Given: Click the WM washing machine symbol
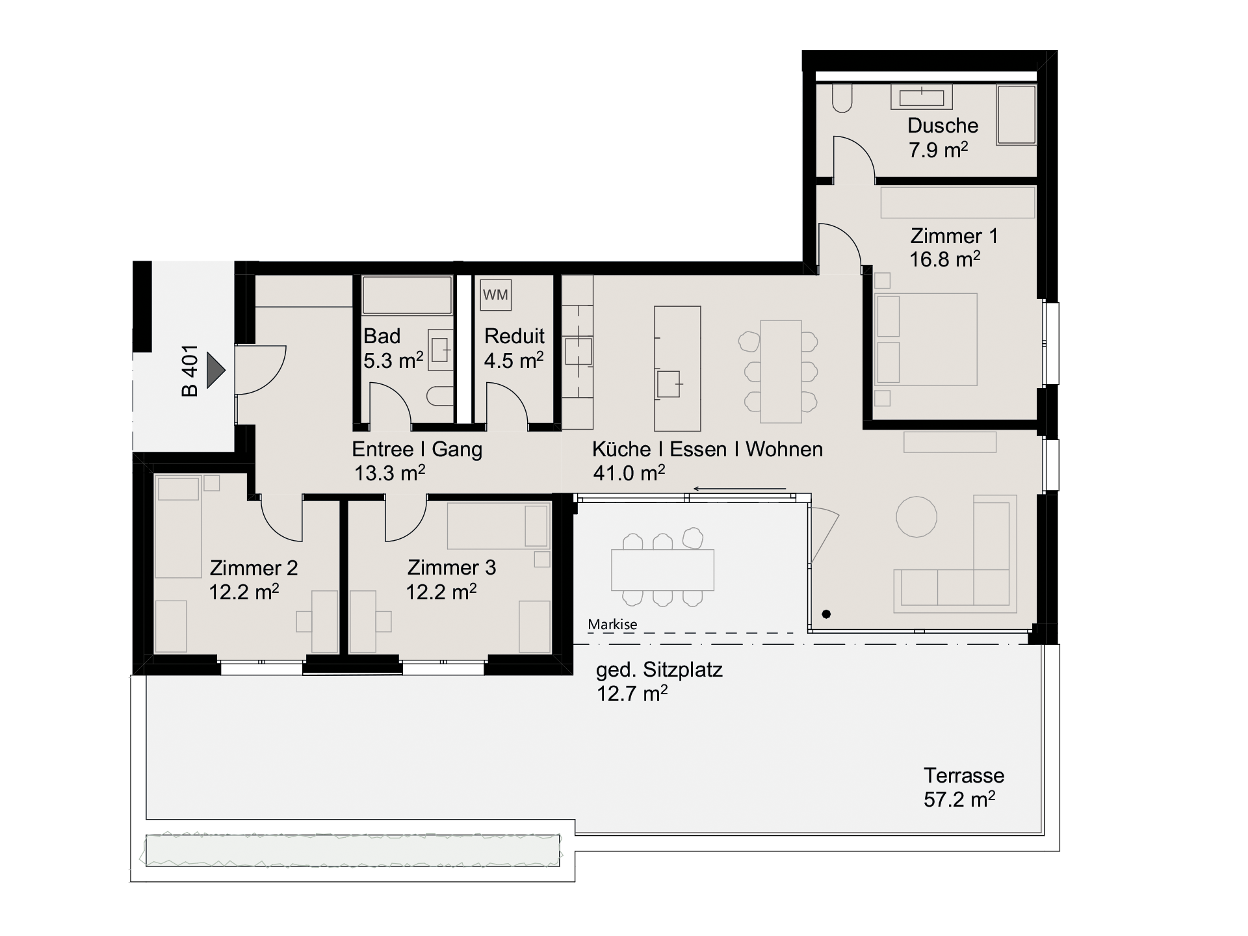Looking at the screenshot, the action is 495,295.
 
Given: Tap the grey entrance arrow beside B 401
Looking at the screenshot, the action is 216,370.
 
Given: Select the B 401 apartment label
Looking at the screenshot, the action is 189,370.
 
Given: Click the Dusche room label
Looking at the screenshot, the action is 942,125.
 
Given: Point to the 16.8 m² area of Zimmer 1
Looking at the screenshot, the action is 944,259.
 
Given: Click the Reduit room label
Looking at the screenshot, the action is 514,336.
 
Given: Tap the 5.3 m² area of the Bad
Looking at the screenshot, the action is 393,360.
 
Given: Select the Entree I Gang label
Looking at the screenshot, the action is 417,449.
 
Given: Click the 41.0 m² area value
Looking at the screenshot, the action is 629,473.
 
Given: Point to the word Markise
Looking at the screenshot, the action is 612,625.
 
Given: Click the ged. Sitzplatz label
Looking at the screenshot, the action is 659,669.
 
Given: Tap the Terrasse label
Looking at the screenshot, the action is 964,775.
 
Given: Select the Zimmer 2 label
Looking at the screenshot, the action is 253,568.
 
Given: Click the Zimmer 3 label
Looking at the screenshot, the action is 452,567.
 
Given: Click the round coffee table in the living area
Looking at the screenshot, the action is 916,517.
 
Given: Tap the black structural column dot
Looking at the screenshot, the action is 826,614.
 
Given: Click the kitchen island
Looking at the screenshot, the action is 677,369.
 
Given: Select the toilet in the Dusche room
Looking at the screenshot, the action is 842,97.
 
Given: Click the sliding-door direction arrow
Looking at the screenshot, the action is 740,489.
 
